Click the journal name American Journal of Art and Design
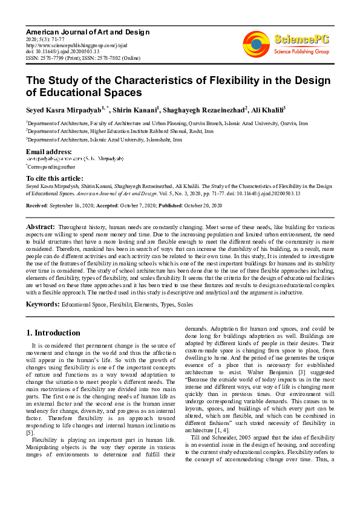(87, 31)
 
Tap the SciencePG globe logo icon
(257, 44)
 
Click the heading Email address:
(48, 151)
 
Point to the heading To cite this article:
(54, 178)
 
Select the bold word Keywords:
(43, 304)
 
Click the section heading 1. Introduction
(54, 332)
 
